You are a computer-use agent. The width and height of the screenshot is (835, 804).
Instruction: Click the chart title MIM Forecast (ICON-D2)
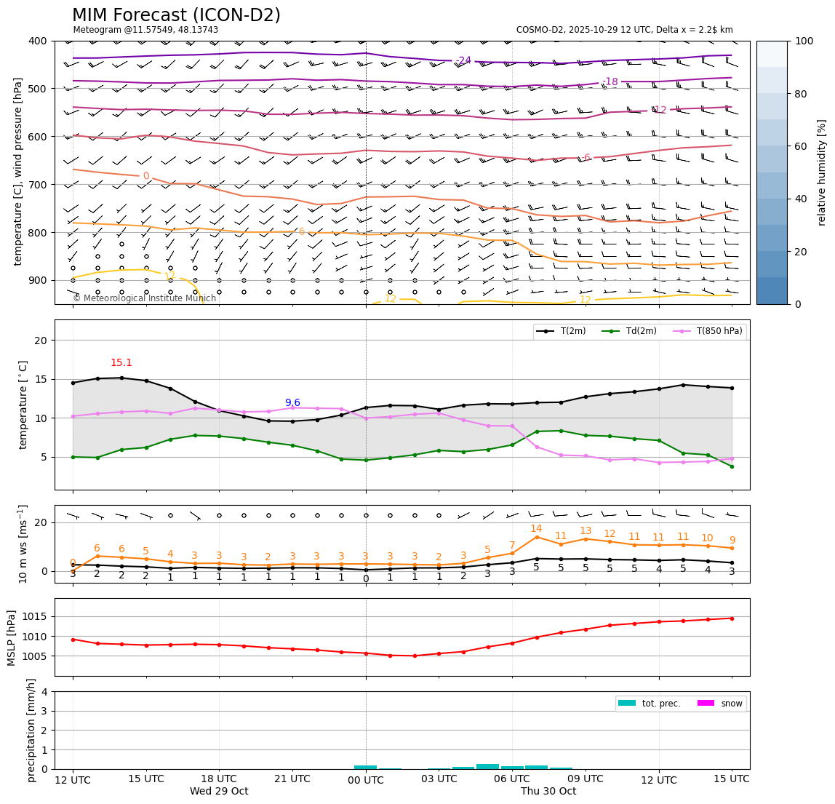click(x=176, y=15)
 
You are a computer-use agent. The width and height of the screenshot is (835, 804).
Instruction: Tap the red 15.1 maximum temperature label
click(x=121, y=363)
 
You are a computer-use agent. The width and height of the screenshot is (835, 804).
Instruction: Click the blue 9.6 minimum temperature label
click(x=292, y=402)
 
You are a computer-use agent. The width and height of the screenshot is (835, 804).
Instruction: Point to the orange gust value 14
click(x=536, y=529)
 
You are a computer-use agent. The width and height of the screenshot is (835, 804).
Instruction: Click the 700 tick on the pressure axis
click(x=38, y=185)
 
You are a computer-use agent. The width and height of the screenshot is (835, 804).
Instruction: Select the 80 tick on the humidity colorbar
click(x=804, y=94)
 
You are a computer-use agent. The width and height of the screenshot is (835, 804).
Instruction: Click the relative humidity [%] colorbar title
click(x=822, y=172)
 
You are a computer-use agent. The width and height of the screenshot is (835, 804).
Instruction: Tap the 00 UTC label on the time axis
click(x=366, y=779)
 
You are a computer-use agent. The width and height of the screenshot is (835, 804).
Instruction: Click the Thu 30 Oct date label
click(x=548, y=792)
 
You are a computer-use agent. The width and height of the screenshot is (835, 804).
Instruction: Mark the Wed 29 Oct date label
click(x=219, y=792)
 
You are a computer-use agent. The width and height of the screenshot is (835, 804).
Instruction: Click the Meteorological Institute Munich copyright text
click(x=144, y=298)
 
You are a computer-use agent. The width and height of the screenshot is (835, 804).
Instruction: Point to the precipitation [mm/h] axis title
click(x=31, y=730)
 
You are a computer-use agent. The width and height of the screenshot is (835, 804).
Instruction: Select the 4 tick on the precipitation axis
click(x=45, y=692)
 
